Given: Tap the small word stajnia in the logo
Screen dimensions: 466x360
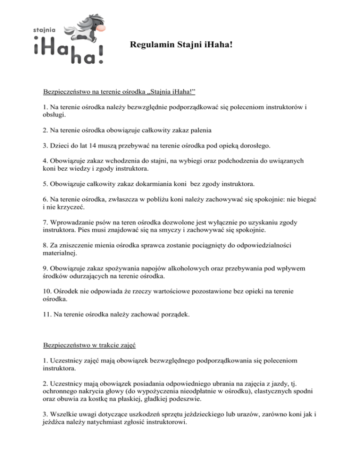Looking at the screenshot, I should pyautogui.click(x=45, y=29).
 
